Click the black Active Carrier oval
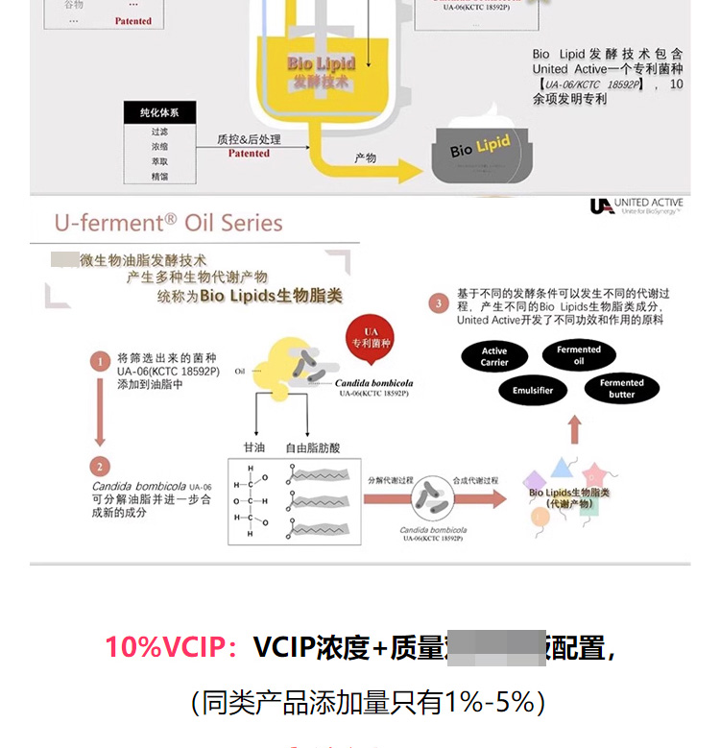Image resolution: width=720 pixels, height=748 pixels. point(494,356)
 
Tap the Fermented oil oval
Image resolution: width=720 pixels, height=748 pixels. point(579,355)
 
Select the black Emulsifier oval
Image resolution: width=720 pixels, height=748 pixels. point(533,391)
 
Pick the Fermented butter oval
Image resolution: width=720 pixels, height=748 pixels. point(621,388)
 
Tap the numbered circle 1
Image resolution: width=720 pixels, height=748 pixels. point(100,362)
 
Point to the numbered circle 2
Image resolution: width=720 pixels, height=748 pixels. point(100,467)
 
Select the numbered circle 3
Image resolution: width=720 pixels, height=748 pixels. point(438,303)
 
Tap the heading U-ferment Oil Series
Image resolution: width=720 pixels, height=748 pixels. point(169,224)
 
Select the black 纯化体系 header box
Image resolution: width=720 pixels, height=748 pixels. point(158,112)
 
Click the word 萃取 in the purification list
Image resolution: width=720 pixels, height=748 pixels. point(159,161)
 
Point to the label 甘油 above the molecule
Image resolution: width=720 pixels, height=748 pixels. point(254,447)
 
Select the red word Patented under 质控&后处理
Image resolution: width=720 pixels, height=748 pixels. point(249,153)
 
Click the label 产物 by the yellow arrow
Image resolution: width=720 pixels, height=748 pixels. point(365,157)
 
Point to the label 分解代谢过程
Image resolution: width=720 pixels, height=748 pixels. point(391,479)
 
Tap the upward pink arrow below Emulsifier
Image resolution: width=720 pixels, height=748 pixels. point(574,430)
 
